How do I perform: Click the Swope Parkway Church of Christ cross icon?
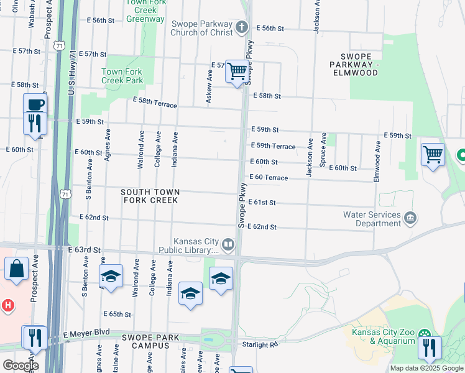click(x=242, y=27)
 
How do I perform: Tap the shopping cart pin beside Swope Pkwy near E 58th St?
click(x=237, y=72)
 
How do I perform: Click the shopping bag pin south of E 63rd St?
click(x=17, y=269)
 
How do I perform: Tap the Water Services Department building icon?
click(x=410, y=218)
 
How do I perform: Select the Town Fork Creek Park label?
click(x=122, y=76)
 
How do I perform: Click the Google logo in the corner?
click(x=20, y=365)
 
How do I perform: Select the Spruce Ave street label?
click(x=323, y=150)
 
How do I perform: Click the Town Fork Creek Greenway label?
click(x=145, y=11)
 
